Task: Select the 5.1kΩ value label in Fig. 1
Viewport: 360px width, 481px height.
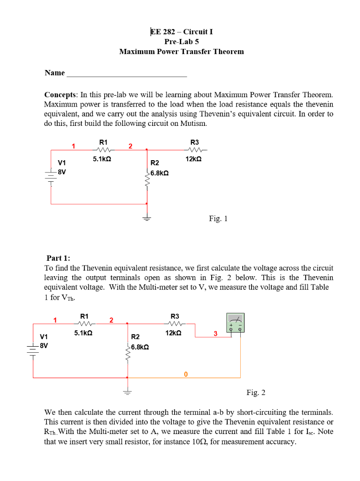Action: click(102, 159)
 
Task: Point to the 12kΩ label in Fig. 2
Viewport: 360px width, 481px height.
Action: click(174, 333)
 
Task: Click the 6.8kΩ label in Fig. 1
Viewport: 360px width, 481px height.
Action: click(160, 173)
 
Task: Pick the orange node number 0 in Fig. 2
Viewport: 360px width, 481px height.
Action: click(186, 374)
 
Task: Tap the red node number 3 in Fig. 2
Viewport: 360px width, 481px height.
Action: click(215, 334)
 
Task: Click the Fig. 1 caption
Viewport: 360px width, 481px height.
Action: click(218, 218)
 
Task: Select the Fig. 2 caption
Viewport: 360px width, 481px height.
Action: click(256, 392)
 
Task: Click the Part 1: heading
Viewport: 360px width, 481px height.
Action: click(59, 258)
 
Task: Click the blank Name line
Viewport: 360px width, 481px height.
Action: click(127, 73)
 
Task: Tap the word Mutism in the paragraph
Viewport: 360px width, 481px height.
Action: click(193, 124)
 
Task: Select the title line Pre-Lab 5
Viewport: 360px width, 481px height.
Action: click(182, 42)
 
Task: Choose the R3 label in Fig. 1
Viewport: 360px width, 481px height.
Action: click(194, 142)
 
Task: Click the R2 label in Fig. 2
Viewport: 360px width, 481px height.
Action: click(135, 337)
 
